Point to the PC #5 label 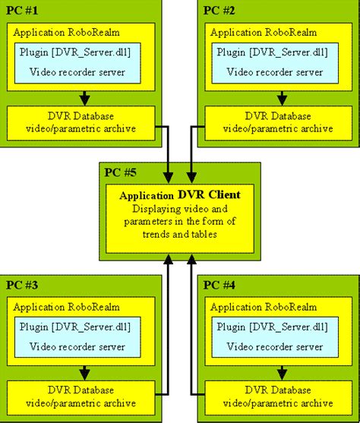tap(121, 172)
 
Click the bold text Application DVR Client tap(180, 195)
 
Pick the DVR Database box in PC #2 tap(276, 122)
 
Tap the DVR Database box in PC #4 tap(276, 396)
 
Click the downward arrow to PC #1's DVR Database tap(84, 98)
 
